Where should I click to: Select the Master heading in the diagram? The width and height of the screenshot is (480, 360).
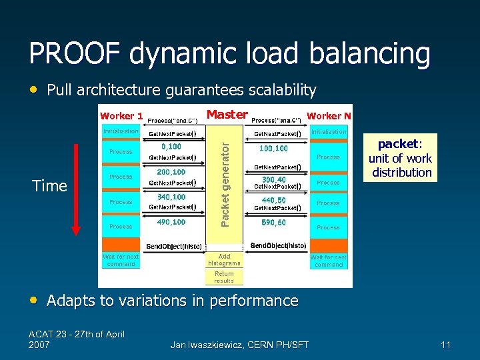227,115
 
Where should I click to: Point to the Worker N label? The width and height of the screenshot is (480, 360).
329,117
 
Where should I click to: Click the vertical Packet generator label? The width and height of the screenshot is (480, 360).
226,177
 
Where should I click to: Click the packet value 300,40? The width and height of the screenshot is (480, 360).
274,179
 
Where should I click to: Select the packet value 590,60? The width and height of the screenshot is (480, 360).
274,222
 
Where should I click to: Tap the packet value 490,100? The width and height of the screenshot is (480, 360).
171,222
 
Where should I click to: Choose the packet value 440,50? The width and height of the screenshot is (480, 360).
274,200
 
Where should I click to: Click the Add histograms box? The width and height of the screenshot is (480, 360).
224,259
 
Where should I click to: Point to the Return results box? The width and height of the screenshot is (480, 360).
224,277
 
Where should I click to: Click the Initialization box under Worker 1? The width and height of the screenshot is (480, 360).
121,131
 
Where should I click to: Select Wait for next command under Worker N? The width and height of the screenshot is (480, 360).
329,261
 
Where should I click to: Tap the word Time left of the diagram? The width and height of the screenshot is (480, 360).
49,186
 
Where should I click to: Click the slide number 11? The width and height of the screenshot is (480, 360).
446,345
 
